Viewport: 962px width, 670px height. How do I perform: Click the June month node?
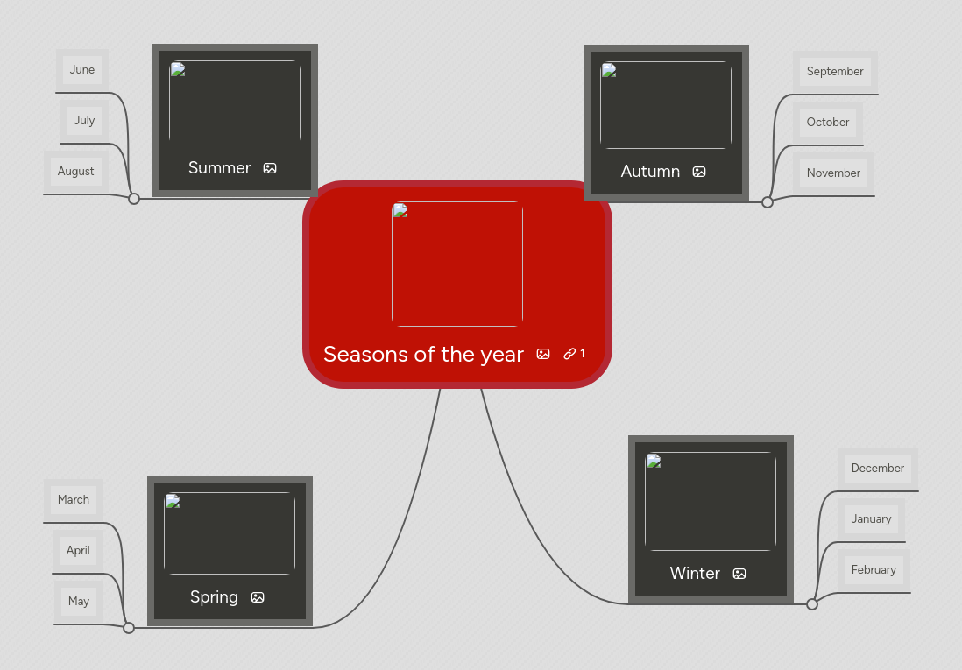pos(82,70)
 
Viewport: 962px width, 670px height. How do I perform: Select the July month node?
pos(84,121)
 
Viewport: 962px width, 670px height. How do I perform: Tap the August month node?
pos(76,172)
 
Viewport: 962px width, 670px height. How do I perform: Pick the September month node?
pos(835,72)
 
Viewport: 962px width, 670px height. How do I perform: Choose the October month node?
pos(828,123)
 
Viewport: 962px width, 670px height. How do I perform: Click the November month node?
pos(833,173)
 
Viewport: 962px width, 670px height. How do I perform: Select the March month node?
pos(74,500)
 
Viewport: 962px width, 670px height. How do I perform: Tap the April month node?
pos(78,551)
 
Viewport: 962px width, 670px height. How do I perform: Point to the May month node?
pos(79,602)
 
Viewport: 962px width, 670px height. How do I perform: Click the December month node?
pos(877,469)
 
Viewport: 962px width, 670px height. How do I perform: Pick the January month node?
pos(871,519)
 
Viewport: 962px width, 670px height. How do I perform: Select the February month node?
pos(874,570)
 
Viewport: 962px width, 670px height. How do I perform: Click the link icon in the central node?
pos(570,354)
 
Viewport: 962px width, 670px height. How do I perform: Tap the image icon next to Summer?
pos(270,168)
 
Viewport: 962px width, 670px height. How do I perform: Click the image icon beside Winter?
pos(739,574)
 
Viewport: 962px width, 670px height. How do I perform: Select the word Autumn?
pos(650,172)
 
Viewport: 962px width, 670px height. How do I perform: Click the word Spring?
pos(214,597)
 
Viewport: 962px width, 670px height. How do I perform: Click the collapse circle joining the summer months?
pos(134,199)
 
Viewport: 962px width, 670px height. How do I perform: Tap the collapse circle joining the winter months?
pos(812,604)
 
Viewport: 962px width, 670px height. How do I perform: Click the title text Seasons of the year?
pos(423,355)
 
